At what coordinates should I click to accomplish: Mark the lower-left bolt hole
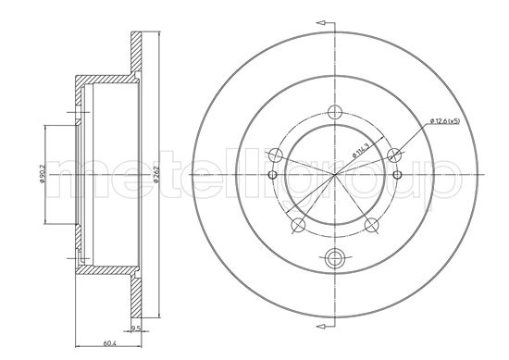point(296,224)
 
